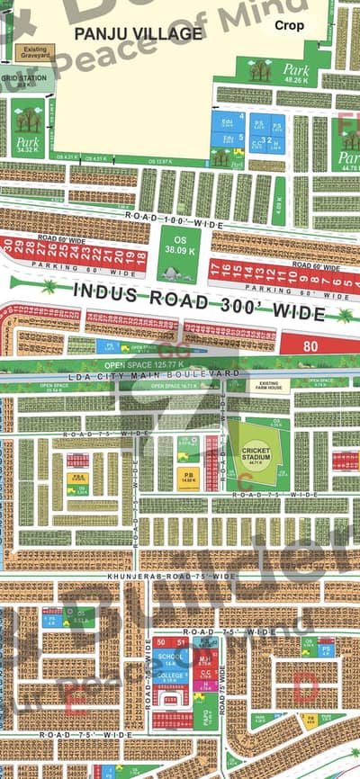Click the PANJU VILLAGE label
click(138, 34)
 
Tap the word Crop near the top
click(290, 26)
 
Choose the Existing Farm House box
click(274, 385)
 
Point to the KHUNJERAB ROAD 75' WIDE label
click(171, 575)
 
